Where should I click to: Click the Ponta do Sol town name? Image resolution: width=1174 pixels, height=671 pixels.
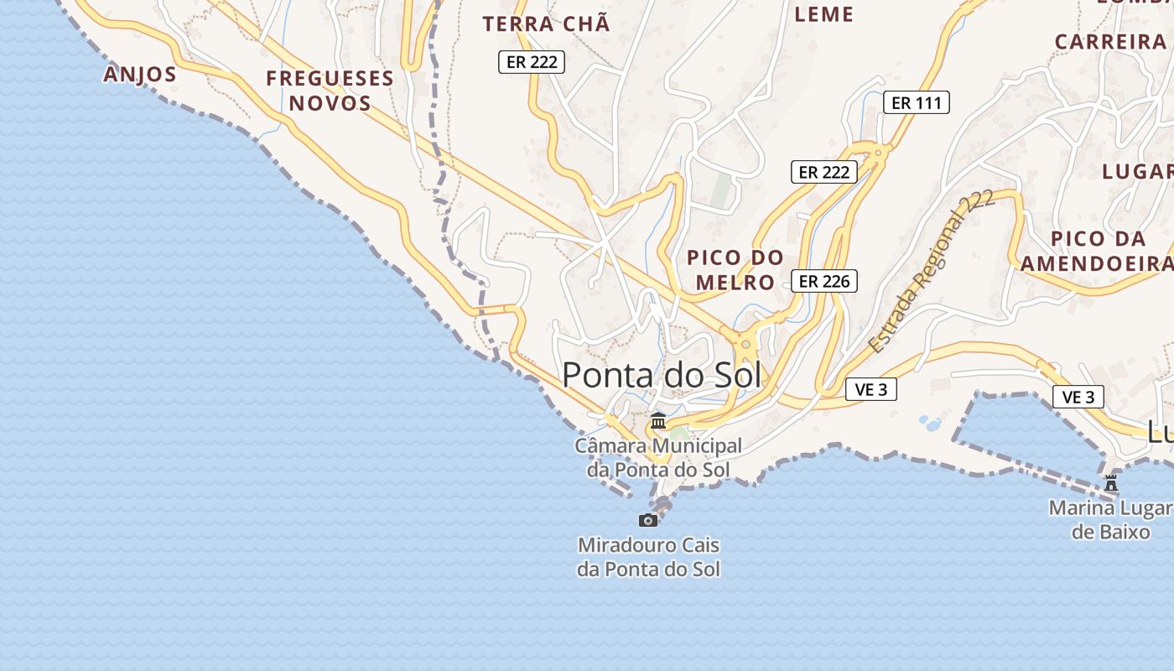[662, 375]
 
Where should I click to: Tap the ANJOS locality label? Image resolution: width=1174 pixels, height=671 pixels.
[140, 75]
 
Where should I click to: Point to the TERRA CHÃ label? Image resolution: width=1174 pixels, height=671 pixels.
[546, 24]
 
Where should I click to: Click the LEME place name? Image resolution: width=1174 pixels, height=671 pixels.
[823, 14]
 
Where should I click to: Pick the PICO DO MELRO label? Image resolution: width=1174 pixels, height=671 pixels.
[735, 269]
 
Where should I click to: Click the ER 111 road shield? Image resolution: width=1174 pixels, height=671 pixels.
[916, 103]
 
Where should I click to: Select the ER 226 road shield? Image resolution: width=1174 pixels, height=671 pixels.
[824, 281]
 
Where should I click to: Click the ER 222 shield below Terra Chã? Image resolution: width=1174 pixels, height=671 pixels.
[532, 62]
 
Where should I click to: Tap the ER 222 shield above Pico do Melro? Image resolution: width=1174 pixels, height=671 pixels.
[824, 172]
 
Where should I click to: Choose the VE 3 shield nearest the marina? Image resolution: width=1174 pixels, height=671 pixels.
[1078, 397]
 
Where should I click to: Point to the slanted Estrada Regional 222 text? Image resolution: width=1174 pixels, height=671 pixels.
[930, 271]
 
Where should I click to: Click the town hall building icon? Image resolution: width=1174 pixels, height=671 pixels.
[658, 420]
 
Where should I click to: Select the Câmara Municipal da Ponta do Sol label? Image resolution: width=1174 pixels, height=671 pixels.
[658, 458]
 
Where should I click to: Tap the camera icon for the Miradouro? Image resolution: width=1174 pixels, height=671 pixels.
[648, 520]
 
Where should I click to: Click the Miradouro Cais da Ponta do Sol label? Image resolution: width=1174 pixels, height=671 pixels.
[648, 557]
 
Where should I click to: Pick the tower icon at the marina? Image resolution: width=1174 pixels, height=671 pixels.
[1111, 483]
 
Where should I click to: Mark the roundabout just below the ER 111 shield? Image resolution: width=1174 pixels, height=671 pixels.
[878, 153]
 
